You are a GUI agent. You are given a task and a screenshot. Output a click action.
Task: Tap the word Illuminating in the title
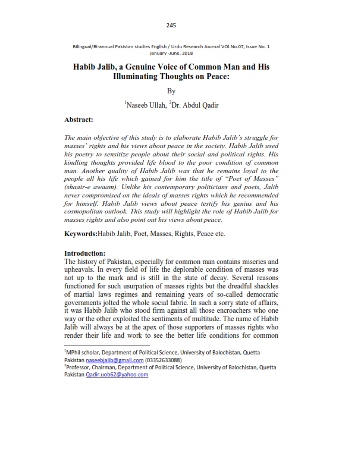tap(139, 77)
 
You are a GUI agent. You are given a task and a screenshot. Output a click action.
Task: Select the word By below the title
tap(172, 91)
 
